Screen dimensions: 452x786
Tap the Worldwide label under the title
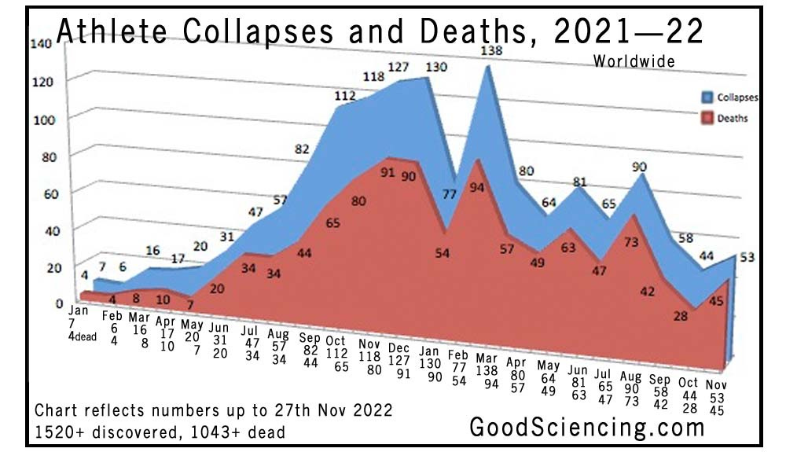pos(634,61)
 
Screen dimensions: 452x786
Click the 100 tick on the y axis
pos(41,120)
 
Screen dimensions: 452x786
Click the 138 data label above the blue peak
pos(490,50)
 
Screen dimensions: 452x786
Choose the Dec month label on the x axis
pos(399,348)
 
